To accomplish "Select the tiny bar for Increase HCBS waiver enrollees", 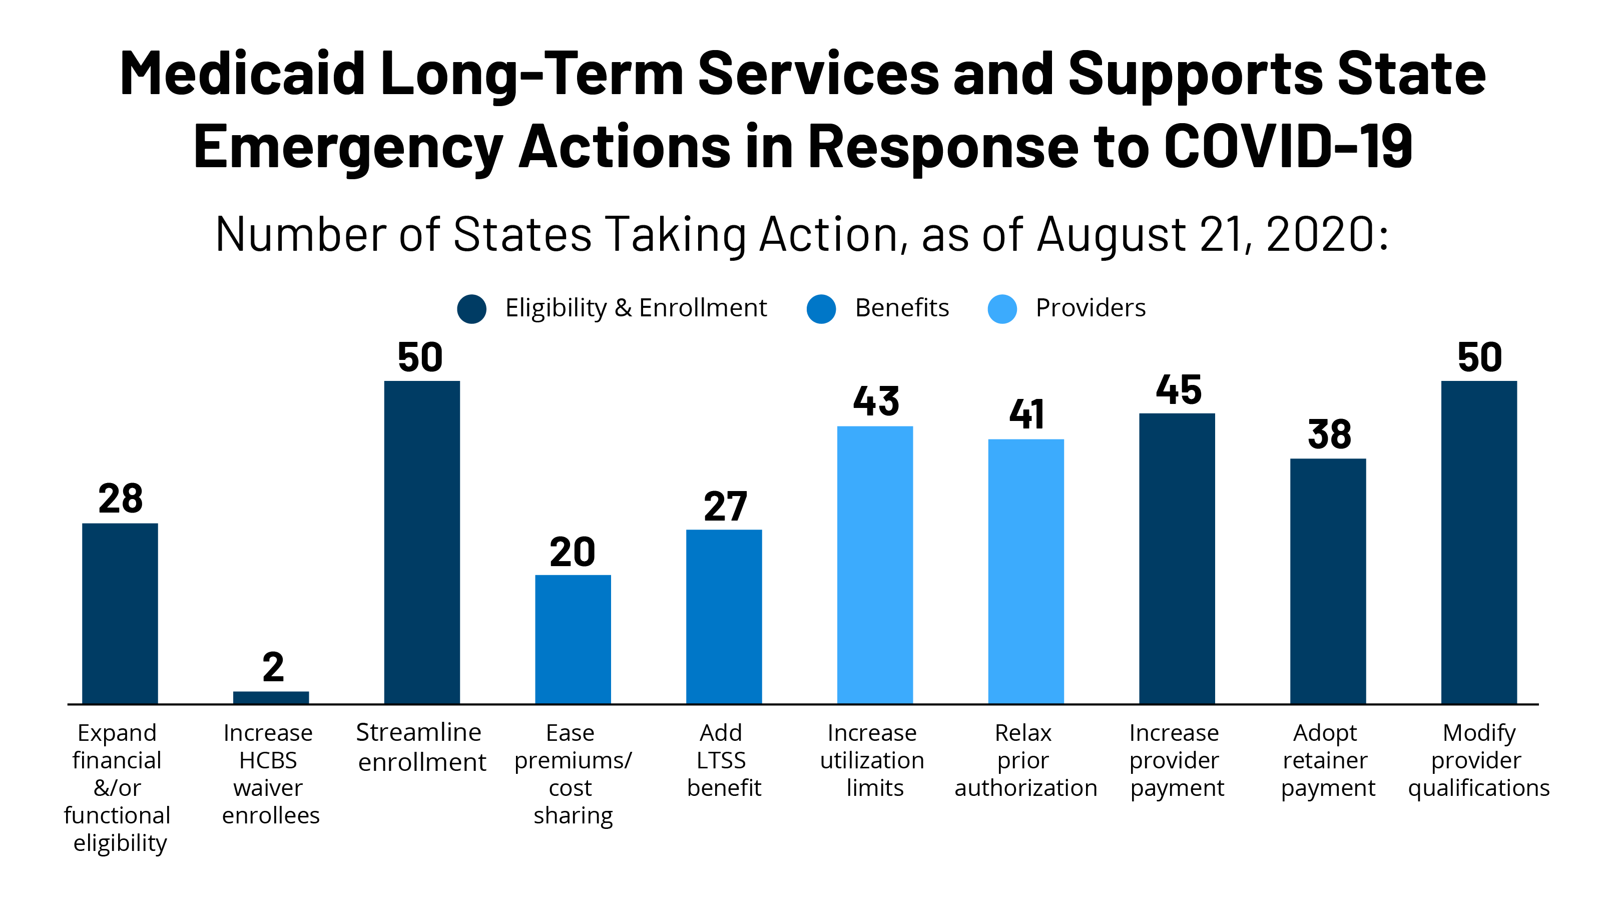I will [271, 697].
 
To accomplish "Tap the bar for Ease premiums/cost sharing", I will [573, 639].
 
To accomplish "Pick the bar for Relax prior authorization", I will [1025, 571].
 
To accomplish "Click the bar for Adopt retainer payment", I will [1327, 581].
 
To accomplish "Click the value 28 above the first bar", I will [120, 499].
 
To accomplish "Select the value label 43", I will [876, 401].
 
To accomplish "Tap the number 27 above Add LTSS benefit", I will [725, 506].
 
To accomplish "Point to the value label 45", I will [1178, 390].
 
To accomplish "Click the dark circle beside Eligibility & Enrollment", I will [471, 309].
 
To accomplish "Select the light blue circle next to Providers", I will [1002, 309].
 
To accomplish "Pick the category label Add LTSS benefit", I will [723, 760].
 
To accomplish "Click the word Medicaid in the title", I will [242, 74].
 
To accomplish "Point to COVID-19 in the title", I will [1288, 147].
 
